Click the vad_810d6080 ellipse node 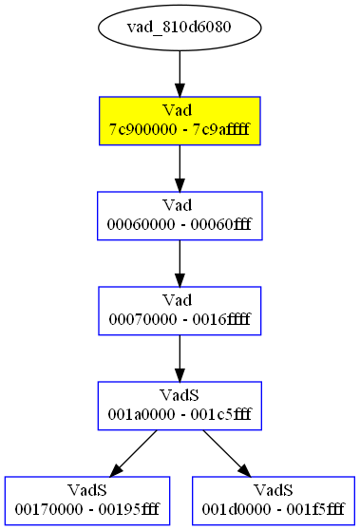point(180,26)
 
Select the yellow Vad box point(180,121)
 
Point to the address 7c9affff point(224,129)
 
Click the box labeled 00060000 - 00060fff point(180,216)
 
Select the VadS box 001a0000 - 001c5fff point(180,406)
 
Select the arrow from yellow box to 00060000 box point(180,168)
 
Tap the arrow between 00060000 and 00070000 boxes point(180,263)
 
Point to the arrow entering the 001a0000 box point(180,358)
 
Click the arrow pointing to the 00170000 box point(133,453)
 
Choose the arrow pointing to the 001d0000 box point(226,453)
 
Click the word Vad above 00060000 point(180,206)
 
